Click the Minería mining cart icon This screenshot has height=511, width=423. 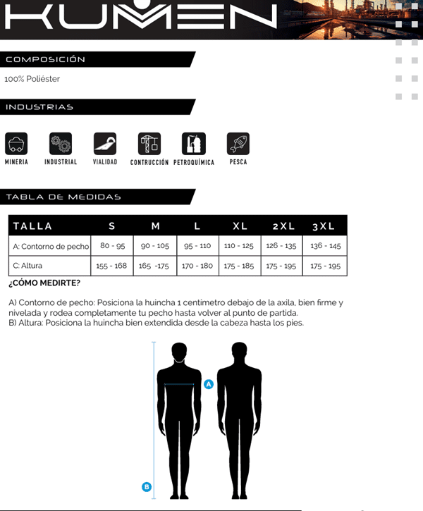pos(16,144)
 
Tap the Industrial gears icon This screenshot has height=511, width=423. pos(61,144)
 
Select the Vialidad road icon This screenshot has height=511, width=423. pos(105,144)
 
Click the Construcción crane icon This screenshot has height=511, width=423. pos(149,144)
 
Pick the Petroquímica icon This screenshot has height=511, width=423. pos(194,144)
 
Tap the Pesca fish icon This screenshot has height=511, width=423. pos(238,144)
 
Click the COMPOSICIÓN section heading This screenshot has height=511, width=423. pos(45,59)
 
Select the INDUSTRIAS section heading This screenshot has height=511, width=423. pos(39,107)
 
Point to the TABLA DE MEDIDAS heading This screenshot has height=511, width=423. pos(63,197)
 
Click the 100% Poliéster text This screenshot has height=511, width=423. pos(32,79)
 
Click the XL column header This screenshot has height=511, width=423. pos(240,226)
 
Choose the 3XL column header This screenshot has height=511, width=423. pos(324,226)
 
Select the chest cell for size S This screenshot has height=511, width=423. pos(113,246)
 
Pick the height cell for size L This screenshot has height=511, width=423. pos(197,266)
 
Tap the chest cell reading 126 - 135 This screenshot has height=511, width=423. pos(281,246)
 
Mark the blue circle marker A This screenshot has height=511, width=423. pos(209,384)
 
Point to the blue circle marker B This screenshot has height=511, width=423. pos(147,486)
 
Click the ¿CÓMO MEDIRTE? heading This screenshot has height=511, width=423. pos(44,283)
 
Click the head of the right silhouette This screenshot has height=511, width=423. pos(240,352)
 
